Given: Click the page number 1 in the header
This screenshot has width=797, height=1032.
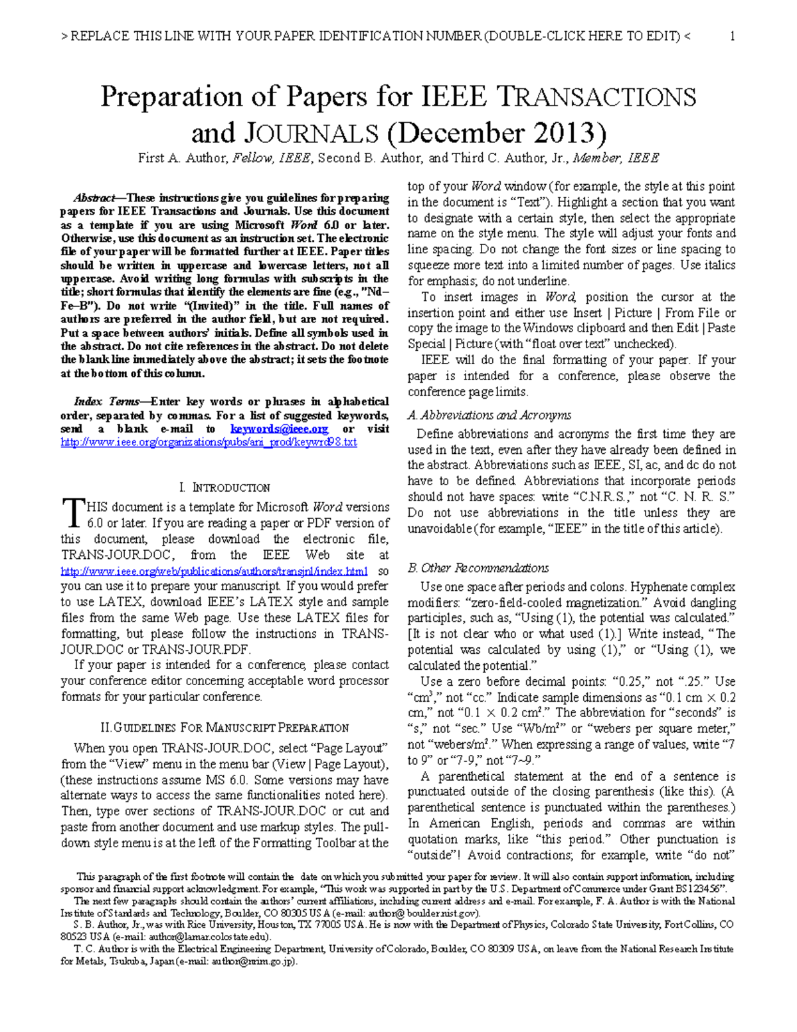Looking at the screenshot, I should (732, 37).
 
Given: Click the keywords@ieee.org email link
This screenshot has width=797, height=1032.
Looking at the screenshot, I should (279, 429).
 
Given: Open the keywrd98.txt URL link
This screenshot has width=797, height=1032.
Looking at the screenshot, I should (209, 443).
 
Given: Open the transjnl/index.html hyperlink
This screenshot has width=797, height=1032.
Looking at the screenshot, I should (214, 571).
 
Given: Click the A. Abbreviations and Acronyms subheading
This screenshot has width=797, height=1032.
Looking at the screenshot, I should (489, 415).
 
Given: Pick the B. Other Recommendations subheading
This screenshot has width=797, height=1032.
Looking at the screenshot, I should (478, 568).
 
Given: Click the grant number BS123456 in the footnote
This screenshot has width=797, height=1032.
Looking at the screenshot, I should (698, 889).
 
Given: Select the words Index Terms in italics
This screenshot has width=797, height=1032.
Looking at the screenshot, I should (106, 402).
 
